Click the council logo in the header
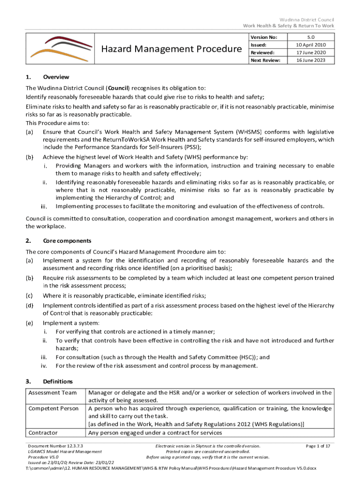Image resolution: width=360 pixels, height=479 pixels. coord(55,48)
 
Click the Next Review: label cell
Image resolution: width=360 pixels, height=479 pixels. coord(265,60)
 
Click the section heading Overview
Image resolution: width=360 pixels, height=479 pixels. coord(56,77)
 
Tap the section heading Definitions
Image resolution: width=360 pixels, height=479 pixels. coord(58,381)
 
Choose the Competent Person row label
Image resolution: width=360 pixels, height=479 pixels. coord(53,408)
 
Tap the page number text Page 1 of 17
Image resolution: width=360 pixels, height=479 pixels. coord(317,446)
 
